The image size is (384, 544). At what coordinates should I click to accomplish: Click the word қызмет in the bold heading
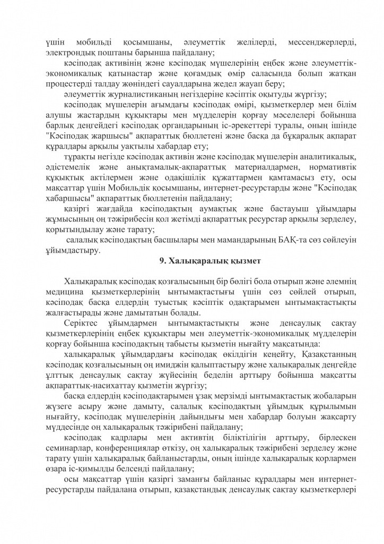point(243,260)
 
